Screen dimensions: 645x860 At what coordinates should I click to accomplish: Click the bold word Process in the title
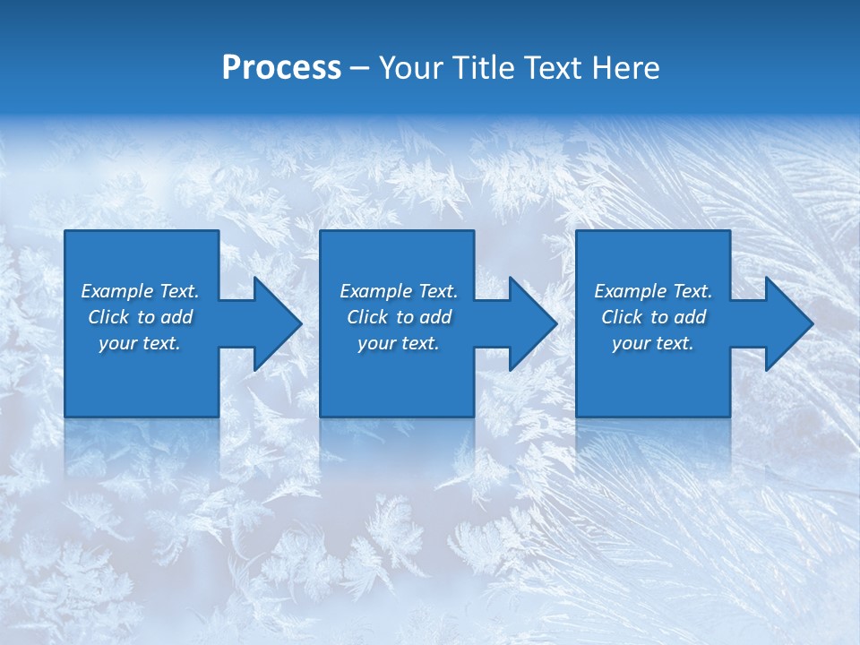pyautogui.click(x=281, y=68)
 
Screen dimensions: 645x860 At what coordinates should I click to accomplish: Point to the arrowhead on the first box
pyautogui.click(x=273, y=323)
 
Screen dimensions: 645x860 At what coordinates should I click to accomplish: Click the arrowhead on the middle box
pyautogui.click(x=529, y=323)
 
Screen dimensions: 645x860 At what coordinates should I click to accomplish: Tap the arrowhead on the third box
pyautogui.click(x=785, y=323)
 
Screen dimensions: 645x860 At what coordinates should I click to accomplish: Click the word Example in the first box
pyautogui.click(x=117, y=291)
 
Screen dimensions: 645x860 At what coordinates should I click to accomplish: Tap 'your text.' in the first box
pyautogui.click(x=140, y=343)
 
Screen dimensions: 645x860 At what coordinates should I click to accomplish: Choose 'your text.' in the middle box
pyautogui.click(x=398, y=343)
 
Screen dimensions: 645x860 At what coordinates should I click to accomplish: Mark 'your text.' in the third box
pyautogui.click(x=653, y=343)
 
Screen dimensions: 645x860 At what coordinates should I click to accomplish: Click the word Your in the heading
pyautogui.click(x=411, y=68)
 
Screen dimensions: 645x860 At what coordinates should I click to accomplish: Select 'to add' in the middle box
pyautogui.click(x=424, y=317)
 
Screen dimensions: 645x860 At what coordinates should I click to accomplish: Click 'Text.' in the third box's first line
pyautogui.click(x=692, y=291)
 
